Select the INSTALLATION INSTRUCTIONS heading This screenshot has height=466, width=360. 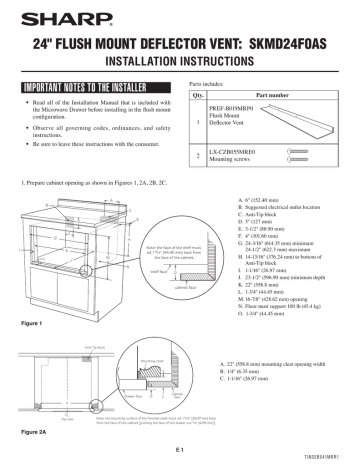click(180, 58)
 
